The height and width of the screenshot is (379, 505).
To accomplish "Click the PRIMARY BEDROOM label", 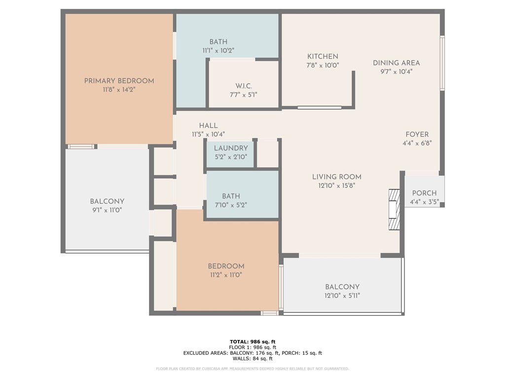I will click(119, 81).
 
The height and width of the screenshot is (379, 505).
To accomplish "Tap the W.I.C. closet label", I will click(244, 86).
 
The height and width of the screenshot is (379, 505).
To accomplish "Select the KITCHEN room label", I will click(323, 57).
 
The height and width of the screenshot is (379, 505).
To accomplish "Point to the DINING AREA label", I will click(396, 63).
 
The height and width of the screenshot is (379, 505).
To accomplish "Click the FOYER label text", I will click(417, 134).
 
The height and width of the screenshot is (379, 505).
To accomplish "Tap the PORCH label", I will click(424, 193).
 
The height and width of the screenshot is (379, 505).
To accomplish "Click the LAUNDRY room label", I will click(231, 148).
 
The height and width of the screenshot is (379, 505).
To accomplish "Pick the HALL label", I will click(208, 126).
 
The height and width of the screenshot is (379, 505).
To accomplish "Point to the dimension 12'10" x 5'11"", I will click(342, 296).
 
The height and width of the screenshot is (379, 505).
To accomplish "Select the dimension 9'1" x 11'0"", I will click(107, 210).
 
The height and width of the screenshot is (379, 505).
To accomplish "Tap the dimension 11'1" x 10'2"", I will click(218, 50).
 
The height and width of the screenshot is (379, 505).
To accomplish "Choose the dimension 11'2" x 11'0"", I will click(226, 275).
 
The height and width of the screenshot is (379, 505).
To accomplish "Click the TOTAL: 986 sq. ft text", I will click(252, 341).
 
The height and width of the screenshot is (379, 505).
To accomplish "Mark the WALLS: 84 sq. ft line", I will click(252, 359).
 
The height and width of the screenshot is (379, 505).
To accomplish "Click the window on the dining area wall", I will click(442, 63).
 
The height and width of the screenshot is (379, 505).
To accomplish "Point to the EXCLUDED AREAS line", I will click(252, 353).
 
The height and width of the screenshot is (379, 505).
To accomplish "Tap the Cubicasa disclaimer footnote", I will click(252, 369).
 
